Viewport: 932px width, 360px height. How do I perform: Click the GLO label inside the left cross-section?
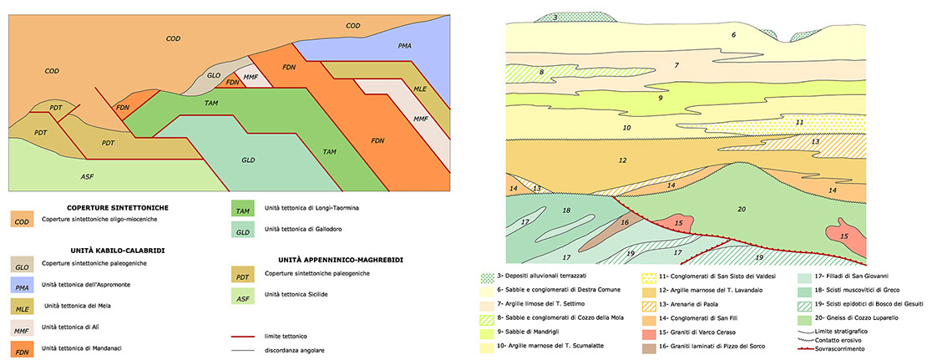coord(213,75)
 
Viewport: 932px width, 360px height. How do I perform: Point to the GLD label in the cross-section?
coord(248,160)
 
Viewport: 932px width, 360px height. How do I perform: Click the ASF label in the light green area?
coord(87,176)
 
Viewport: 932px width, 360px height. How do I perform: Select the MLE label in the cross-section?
coord(420,88)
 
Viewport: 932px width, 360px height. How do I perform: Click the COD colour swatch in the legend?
coord(22,220)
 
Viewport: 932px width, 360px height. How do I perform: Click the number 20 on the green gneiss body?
coord(740,209)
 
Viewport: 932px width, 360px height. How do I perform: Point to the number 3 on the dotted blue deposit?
coord(555,18)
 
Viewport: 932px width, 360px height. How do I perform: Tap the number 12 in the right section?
coord(621,160)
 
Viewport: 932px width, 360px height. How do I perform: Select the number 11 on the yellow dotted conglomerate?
coord(799,122)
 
